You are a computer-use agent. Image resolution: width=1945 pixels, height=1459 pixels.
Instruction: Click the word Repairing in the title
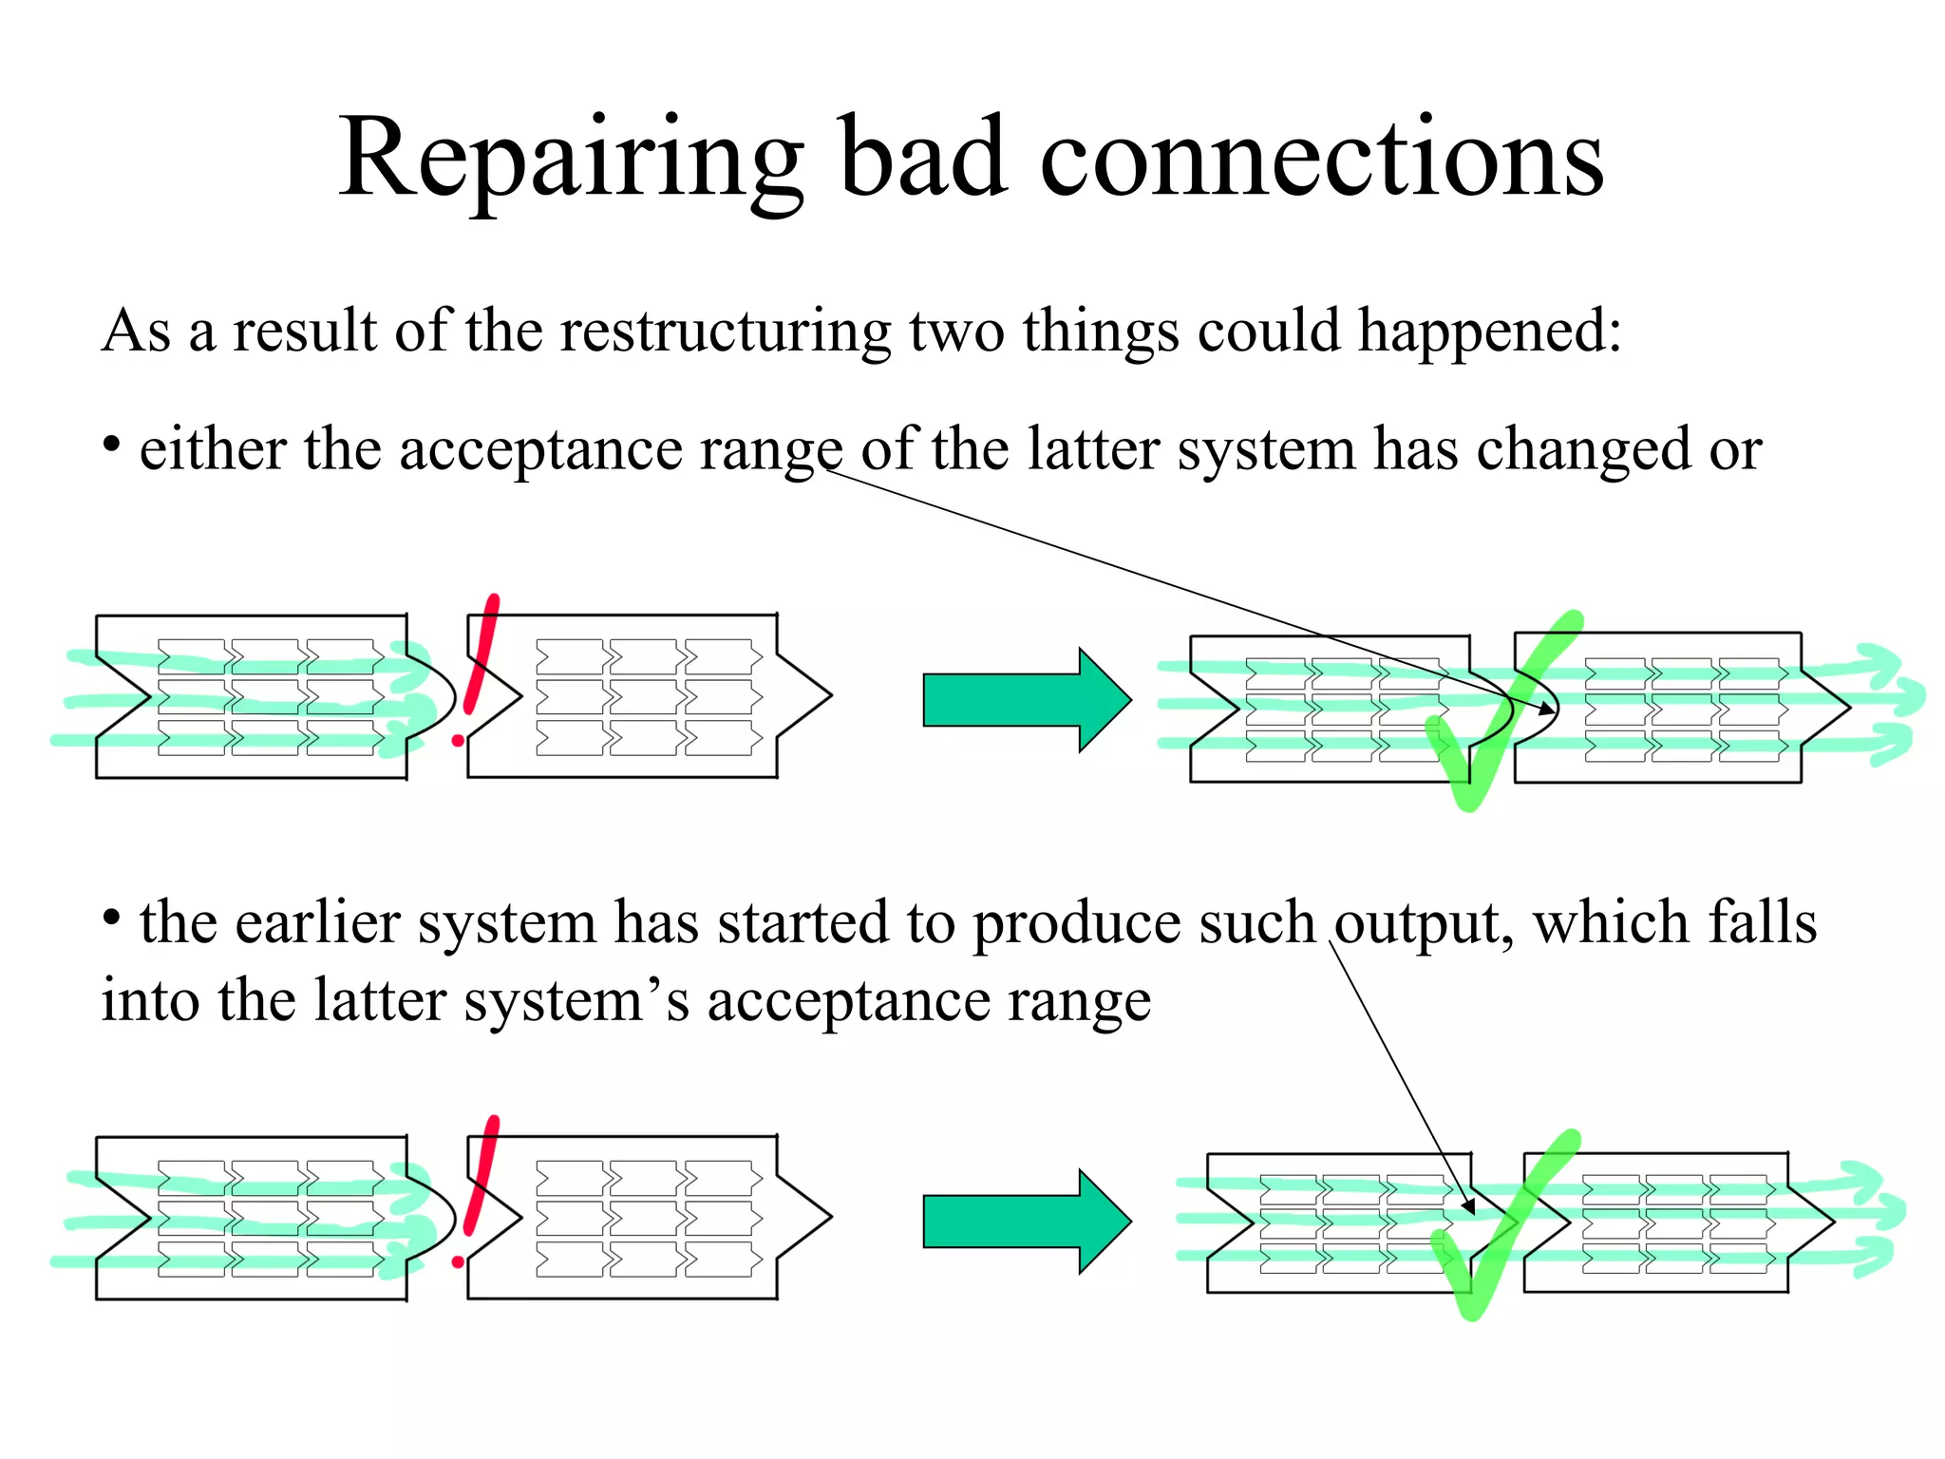[x=571, y=160]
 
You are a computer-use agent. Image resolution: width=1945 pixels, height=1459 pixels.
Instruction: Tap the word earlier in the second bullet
[x=318, y=923]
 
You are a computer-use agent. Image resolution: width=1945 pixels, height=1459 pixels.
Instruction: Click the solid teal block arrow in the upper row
[x=1026, y=700]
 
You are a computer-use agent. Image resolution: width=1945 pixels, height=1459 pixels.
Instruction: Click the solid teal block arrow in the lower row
[x=1026, y=1221]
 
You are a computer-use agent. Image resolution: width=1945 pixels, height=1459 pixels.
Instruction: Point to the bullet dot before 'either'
[x=112, y=444]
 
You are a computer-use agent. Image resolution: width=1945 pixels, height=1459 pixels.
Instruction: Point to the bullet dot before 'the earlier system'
[x=112, y=918]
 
